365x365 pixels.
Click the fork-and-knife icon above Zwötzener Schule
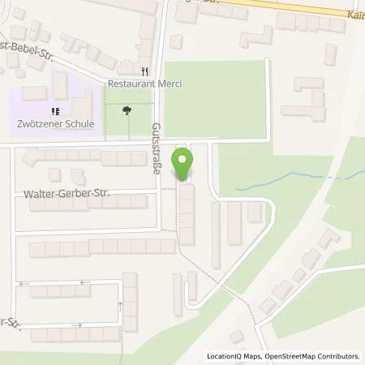pos(55,112)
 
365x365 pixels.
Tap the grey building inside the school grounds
pos(62,84)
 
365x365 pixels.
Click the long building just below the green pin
pos(187,213)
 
